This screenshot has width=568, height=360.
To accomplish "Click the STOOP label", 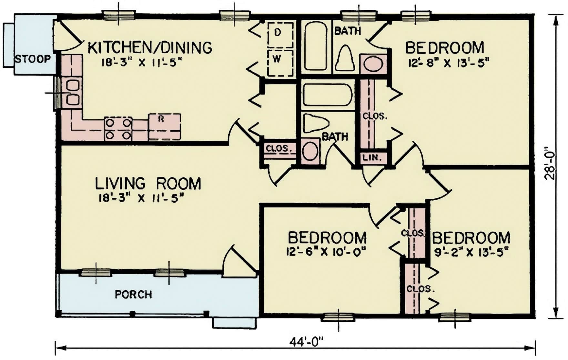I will (33, 59).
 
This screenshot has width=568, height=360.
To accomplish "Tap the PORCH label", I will (133, 294).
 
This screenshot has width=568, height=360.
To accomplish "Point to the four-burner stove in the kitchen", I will (118, 129).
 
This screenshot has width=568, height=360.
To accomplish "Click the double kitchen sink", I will (72, 93).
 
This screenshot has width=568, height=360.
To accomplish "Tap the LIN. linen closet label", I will (372, 158).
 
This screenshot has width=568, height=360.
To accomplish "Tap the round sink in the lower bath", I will (310, 150).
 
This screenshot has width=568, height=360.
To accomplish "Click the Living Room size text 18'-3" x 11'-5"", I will (141, 198).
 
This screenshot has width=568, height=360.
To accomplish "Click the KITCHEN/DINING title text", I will (150, 47).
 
